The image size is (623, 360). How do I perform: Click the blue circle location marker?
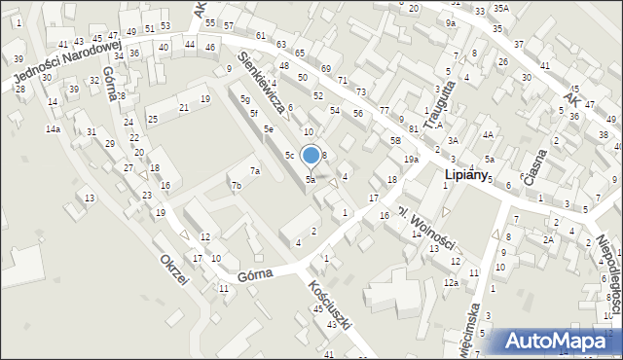(x=311, y=155)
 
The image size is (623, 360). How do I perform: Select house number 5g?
(x=246, y=99)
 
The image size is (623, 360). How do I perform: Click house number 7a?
(x=255, y=171)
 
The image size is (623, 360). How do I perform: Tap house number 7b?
(x=236, y=185)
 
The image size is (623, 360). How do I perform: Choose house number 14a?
(x=53, y=128)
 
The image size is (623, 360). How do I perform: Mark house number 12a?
(x=451, y=282)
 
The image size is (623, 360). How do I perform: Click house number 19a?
(x=412, y=159)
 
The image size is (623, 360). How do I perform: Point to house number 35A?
(x=500, y=8)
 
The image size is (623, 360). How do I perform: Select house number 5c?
(x=289, y=155)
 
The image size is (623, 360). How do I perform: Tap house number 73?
(x=361, y=90)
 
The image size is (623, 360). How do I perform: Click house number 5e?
(x=268, y=128)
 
